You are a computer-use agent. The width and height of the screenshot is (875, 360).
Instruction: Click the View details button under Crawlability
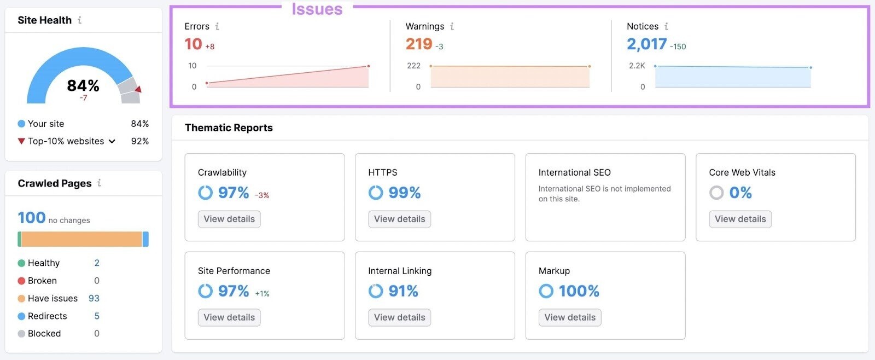[229, 219]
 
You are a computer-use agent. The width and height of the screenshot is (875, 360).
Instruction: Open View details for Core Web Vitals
[740, 219]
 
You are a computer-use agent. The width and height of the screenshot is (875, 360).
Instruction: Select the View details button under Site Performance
[229, 317]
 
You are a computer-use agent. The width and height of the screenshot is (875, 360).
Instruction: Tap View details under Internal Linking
[399, 317]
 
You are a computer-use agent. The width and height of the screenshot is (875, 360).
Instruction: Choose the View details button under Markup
[570, 317]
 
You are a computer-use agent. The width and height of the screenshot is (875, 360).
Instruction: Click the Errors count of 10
[194, 44]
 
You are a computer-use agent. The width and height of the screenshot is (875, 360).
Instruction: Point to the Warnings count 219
[419, 44]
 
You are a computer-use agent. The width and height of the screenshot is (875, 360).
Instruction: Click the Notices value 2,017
[647, 44]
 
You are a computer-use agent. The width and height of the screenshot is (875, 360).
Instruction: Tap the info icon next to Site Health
[80, 20]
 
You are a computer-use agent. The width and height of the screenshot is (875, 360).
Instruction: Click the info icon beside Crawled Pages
[99, 183]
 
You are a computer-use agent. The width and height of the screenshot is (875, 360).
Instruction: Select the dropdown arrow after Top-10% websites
[112, 141]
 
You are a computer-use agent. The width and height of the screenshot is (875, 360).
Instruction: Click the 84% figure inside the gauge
[83, 85]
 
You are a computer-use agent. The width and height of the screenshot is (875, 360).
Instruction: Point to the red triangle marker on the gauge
[138, 89]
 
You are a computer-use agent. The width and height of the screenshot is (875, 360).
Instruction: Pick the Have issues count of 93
[94, 298]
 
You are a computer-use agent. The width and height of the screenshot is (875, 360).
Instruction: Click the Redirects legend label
[48, 316]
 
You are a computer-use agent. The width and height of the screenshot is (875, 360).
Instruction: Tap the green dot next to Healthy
[21, 263]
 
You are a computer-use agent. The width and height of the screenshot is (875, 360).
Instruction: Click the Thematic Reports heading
[229, 127]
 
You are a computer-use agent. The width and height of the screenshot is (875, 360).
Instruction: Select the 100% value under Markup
[579, 291]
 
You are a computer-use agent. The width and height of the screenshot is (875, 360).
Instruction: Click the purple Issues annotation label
[317, 9]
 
